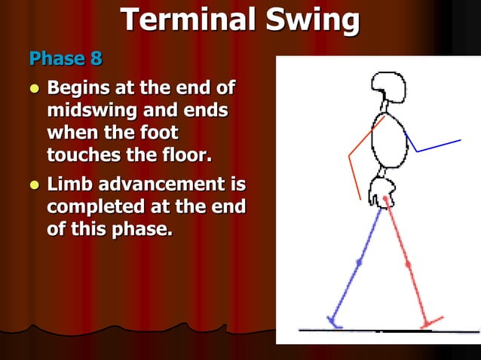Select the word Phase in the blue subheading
pos(55,58)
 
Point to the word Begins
pos(83,89)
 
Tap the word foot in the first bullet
pos(158,133)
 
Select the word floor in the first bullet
pos(185,155)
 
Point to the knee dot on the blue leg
pos(359,263)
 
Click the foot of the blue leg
pos(334,322)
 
